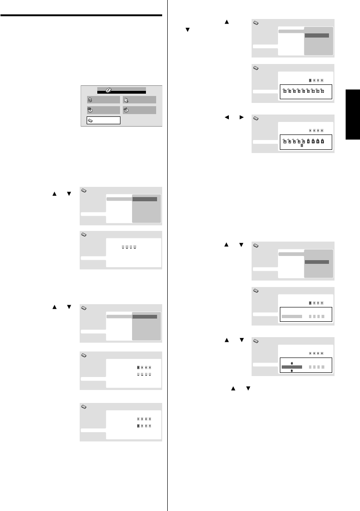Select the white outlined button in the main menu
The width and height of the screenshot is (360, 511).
103,121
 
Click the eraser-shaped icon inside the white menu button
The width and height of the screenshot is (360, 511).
90,121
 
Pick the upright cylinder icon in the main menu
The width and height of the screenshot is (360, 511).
90,100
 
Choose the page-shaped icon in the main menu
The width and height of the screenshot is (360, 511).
126,100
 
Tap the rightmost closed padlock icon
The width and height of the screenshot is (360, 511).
322,141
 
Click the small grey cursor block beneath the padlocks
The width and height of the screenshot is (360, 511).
302,146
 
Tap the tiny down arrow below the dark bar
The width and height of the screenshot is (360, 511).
291,371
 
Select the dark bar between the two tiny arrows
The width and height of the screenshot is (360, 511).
291,366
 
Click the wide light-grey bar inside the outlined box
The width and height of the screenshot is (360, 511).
291,316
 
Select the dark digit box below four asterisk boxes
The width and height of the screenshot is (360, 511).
139,425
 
